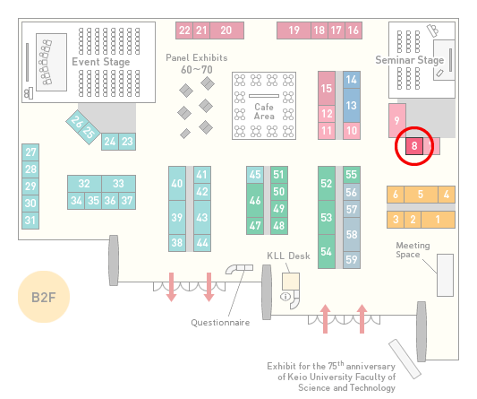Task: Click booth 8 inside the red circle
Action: [x=414, y=146]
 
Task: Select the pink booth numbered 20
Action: [x=226, y=30]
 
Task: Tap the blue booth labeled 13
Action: [x=352, y=106]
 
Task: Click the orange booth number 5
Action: [x=421, y=195]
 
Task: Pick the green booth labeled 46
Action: [x=255, y=200]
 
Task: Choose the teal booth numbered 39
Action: [x=177, y=217]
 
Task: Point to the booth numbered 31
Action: [x=30, y=221]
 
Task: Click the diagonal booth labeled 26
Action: [x=77, y=122]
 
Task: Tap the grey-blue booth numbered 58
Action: [x=352, y=234]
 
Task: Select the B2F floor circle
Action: [x=44, y=297]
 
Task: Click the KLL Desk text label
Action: [x=288, y=256]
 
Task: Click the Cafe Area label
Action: [x=264, y=111]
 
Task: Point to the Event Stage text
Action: [x=101, y=62]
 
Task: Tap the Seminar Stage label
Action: [x=410, y=60]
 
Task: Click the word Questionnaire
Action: [x=220, y=323]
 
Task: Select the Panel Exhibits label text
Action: [x=197, y=57]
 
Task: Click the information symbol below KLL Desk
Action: [x=285, y=296]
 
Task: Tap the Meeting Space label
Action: [x=413, y=250]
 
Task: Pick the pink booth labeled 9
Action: [x=397, y=121]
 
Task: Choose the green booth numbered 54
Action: [x=327, y=251]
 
